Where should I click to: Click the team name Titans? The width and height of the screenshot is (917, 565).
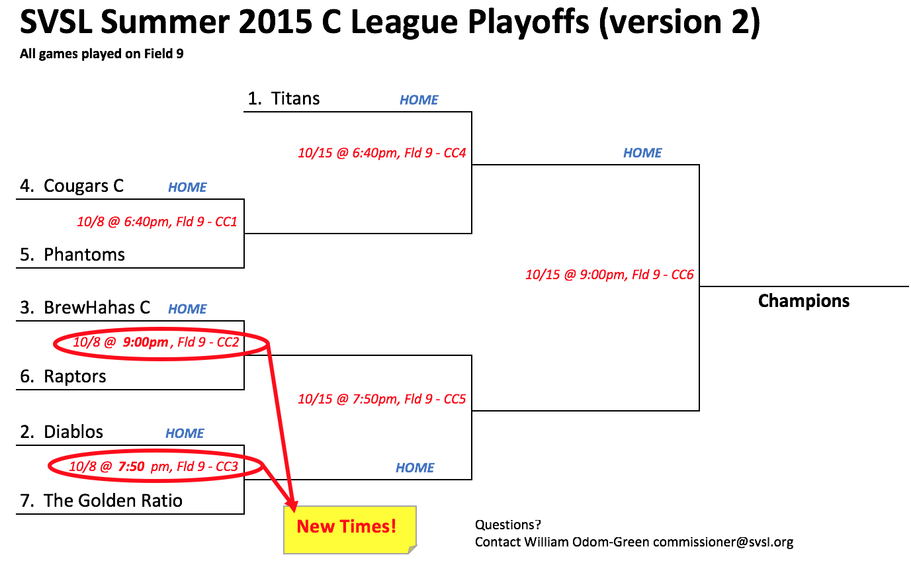[x=295, y=99]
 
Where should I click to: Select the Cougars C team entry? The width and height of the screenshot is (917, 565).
[x=71, y=186]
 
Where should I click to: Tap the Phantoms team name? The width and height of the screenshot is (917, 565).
[x=84, y=255]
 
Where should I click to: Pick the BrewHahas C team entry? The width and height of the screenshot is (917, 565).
[x=85, y=308]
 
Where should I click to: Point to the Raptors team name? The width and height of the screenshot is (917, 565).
[x=75, y=376]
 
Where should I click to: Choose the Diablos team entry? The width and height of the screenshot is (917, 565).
[x=62, y=432]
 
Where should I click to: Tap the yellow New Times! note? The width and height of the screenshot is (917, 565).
[x=350, y=530]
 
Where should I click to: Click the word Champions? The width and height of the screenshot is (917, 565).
[x=804, y=301]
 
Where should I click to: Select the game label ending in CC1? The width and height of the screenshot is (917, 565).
[x=157, y=222]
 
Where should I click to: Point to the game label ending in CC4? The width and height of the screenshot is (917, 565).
[x=382, y=153]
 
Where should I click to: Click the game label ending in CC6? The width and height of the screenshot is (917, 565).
[x=609, y=275]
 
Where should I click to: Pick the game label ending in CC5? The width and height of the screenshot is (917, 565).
[x=382, y=399]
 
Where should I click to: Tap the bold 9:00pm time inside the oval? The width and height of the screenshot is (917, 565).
[x=146, y=342]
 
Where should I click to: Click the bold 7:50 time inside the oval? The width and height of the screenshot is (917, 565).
[x=132, y=466]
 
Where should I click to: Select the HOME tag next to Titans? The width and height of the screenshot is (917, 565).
[x=419, y=100]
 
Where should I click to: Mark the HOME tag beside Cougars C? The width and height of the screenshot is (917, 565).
[x=187, y=187]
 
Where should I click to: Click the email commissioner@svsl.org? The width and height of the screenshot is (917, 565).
[x=723, y=542]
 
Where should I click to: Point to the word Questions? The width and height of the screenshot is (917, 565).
[x=508, y=525]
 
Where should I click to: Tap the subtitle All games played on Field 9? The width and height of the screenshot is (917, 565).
[x=102, y=54]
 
